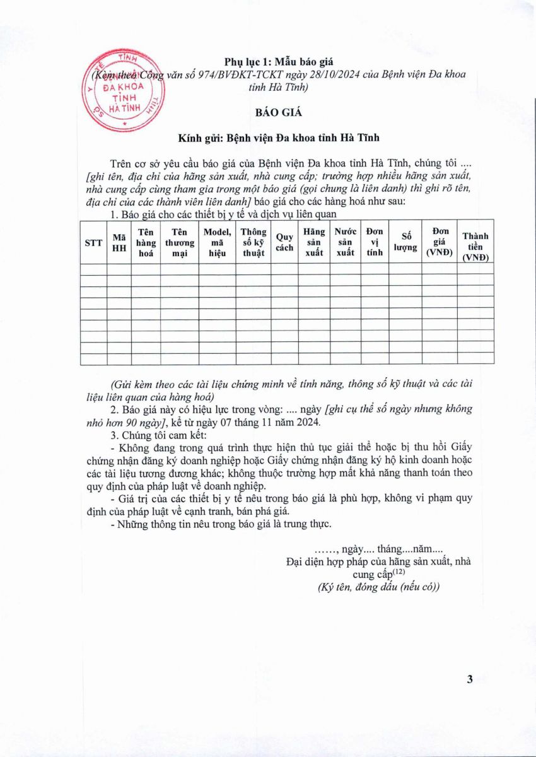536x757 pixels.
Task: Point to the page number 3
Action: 469,679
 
